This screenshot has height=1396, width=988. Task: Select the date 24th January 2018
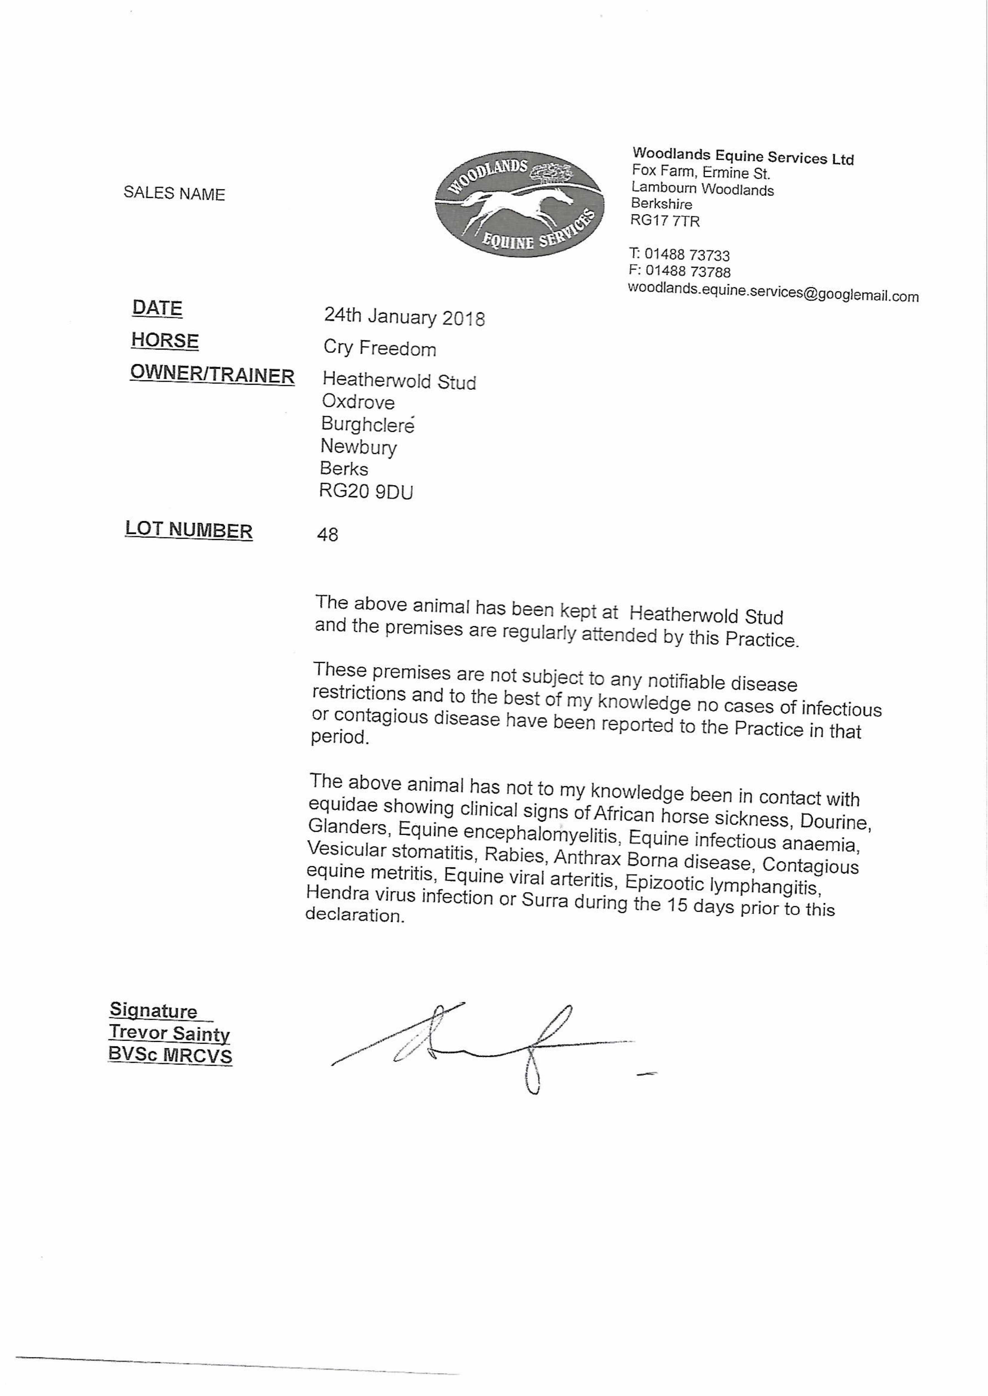pyautogui.click(x=404, y=316)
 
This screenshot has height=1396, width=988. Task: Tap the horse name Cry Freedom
pyautogui.click(x=380, y=348)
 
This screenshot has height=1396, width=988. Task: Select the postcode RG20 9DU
pyautogui.click(x=366, y=491)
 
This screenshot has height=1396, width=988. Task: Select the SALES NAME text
pyautogui.click(x=174, y=193)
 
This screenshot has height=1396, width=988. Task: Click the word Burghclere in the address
pyautogui.click(x=367, y=424)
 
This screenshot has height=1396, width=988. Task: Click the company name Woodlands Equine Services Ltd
pyautogui.click(x=743, y=156)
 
